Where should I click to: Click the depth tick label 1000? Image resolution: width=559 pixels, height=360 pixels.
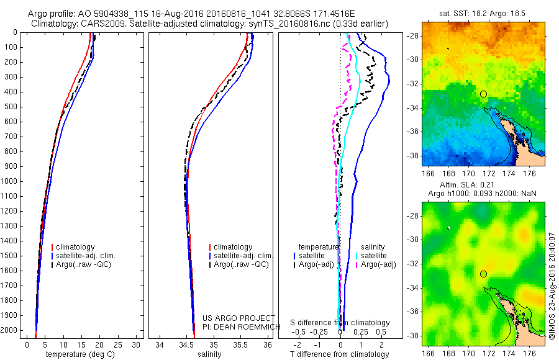coord(11,181)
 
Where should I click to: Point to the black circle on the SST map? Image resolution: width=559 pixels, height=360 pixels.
coord(483,94)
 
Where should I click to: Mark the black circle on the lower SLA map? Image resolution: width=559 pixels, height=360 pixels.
coord(483,274)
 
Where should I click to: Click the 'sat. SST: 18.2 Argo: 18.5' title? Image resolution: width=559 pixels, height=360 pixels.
coord(483,12)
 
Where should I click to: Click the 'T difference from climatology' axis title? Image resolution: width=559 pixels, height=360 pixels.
coord(339,354)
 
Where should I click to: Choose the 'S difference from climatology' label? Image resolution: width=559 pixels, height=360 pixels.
coord(340,323)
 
